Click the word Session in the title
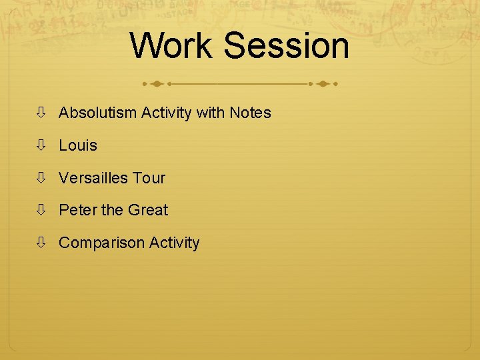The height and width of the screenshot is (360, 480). (287, 46)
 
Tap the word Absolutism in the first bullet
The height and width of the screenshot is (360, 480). (98, 113)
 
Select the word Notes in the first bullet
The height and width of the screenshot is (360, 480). (250, 113)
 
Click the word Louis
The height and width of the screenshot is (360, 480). (78, 145)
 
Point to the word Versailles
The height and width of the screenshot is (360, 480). (93, 178)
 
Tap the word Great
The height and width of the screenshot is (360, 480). (148, 210)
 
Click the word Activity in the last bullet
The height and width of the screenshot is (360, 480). (174, 243)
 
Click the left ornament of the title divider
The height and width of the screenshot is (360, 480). (157, 85)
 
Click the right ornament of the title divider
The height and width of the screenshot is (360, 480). (323, 85)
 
